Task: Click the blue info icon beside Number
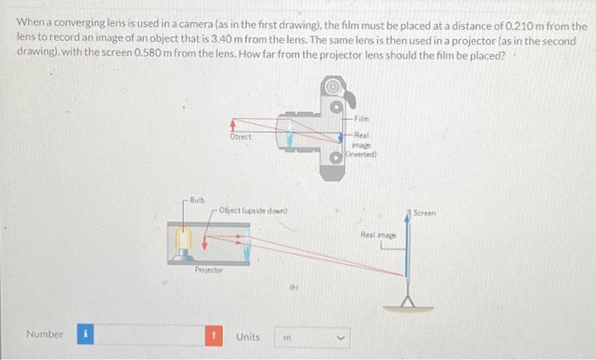click(85, 334)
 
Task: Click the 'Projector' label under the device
click(209, 269)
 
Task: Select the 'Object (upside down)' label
click(253, 210)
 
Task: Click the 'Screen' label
click(426, 214)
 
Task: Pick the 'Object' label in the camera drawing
click(240, 137)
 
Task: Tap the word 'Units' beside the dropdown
click(248, 335)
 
